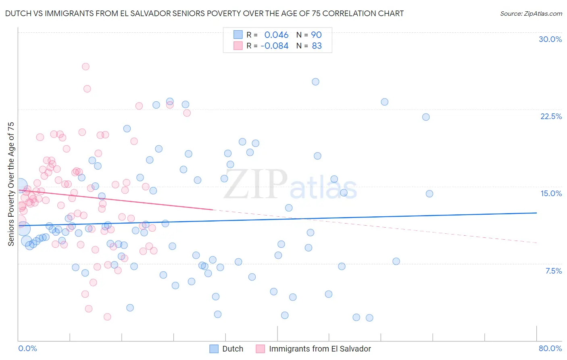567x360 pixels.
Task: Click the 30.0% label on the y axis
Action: pos(550,39)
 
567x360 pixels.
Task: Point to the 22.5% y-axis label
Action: pos(551,116)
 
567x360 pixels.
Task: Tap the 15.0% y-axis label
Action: pos(551,193)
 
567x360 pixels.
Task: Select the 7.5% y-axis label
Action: pos(553,271)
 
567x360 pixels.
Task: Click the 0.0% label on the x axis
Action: pos(27,348)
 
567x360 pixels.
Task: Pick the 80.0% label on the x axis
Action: pos(550,348)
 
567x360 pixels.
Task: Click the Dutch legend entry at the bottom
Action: pos(233,349)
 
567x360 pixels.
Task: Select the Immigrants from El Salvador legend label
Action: pos(320,349)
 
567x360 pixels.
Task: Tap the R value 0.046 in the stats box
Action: pos(276,35)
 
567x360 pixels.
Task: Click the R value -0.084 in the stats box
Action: pos(275,46)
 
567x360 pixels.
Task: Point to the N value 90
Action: pos(316,35)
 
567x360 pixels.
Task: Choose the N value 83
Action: pos(317,46)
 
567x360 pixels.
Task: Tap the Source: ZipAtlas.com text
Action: pos(531,13)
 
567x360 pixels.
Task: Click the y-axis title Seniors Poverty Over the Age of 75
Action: pos(11,184)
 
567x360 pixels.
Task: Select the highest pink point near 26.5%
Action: pos(85,67)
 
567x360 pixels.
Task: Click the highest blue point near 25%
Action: pos(315,82)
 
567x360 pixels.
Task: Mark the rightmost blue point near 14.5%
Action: pos(429,194)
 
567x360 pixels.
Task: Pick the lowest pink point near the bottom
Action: pos(107,317)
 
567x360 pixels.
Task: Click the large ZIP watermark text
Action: pos(255,184)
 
